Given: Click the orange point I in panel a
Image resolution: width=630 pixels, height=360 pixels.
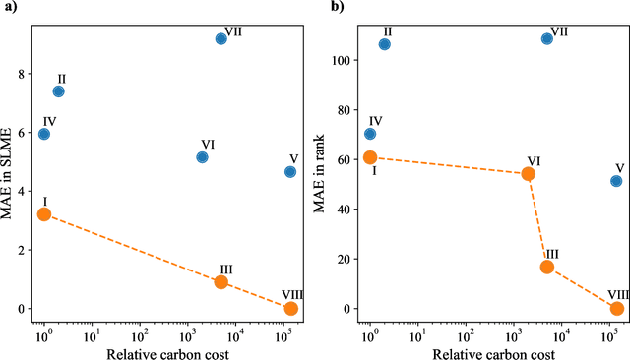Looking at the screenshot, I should click(43, 214).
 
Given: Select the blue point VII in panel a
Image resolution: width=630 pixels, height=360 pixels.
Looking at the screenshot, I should click(221, 38).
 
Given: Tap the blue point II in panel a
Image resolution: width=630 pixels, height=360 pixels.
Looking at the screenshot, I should click(58, 91).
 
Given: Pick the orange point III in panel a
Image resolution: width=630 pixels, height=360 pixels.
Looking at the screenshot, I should click(221, 281).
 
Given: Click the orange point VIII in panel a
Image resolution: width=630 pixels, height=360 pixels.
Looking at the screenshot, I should click(290, 309).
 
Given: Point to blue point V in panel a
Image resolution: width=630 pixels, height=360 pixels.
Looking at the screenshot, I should click(290, 171).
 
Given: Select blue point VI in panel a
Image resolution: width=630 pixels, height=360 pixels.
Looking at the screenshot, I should click(202, 157).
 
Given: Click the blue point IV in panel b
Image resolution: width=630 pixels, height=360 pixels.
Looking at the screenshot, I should click(370, 134).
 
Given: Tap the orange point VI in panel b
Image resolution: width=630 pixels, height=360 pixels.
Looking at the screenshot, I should click(528, 174).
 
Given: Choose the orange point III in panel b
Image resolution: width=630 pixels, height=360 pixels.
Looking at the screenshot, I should click(547, 267).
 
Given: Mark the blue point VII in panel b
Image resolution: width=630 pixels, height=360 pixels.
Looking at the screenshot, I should click(547, 38).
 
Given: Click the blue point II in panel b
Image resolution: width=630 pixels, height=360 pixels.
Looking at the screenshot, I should click(384, 44).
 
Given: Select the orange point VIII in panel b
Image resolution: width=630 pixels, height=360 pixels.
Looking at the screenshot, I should click(617, 309).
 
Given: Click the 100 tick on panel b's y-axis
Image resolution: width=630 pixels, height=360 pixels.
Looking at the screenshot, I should click(346, 60).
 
